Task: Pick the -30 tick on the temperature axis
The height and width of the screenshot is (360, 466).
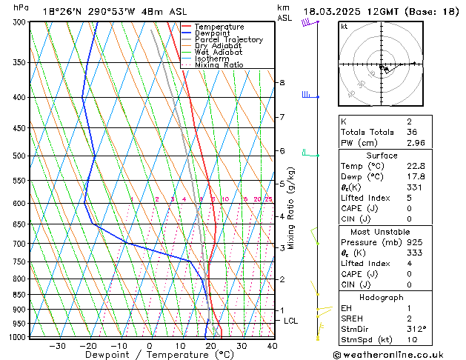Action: click(x=57, y=346)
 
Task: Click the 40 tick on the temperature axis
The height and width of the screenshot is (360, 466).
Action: click(x=272, y=346)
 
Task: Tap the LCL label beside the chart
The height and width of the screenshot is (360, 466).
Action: click(x=290, y=321)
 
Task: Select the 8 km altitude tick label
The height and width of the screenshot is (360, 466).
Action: click(x=282, y=82)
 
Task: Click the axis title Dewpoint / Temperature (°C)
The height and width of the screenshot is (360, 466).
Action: click(x=149, y=355)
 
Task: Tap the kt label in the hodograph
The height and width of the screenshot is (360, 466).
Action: click(x=344, y=27)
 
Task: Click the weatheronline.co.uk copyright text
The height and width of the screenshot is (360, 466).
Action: click(x=398, y=353)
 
